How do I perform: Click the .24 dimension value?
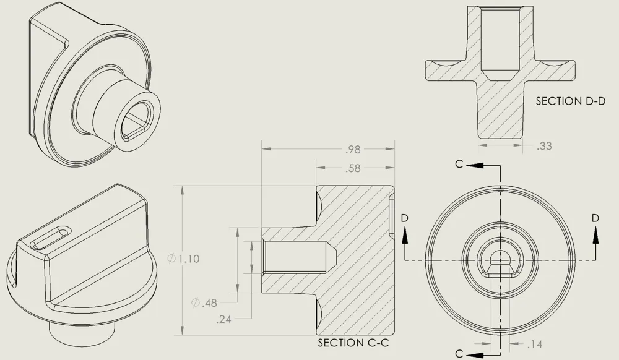point(223,320)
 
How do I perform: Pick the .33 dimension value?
point(545,147)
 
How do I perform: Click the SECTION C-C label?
point(349,343)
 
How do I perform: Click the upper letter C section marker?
point(459,164)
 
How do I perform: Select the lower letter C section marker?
point(459,353)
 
